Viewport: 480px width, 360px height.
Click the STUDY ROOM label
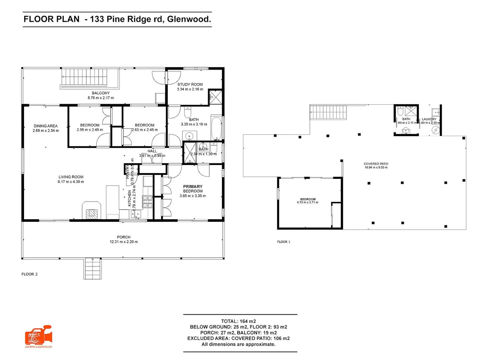(x=190, y=85)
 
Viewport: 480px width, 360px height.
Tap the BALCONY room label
(x=101, y=93)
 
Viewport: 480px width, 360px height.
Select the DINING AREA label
(x=46, y=126)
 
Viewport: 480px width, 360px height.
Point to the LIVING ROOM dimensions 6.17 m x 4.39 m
(x=71, y=182)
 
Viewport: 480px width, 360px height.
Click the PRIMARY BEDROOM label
(x=193, y=189)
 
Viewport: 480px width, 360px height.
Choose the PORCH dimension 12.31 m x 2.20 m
(x=124, y=242)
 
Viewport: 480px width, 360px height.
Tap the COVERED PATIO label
(x=376, y=164)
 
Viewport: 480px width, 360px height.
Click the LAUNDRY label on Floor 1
(x=429, y=119)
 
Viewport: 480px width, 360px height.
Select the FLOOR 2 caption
(x=30, y=274)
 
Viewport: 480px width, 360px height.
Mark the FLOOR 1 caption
(x=284, y=242)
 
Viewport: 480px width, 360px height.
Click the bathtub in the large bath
(x=216, y=128)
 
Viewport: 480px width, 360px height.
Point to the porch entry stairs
(x=93, y=268)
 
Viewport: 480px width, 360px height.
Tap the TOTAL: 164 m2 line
(x=238, y=321)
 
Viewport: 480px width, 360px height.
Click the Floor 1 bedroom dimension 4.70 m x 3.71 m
(x=307, y=202)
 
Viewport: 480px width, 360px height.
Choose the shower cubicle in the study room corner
(x=215, y=97)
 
